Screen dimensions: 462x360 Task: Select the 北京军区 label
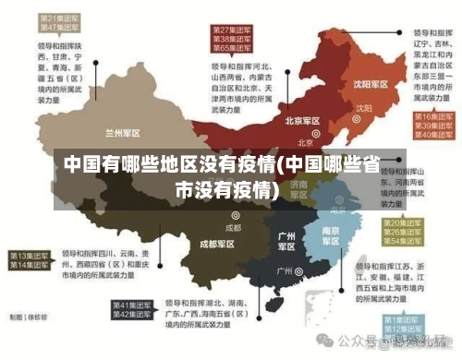(x=302, y=120)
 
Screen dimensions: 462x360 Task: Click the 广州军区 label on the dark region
(x=286, y=241)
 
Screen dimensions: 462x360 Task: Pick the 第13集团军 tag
(x=30, y=255)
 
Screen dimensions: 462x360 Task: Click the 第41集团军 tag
(x=133, y=305)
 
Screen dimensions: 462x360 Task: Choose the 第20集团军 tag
(x=407, y=223)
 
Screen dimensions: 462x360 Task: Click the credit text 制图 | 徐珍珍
(x=27, y=317)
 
